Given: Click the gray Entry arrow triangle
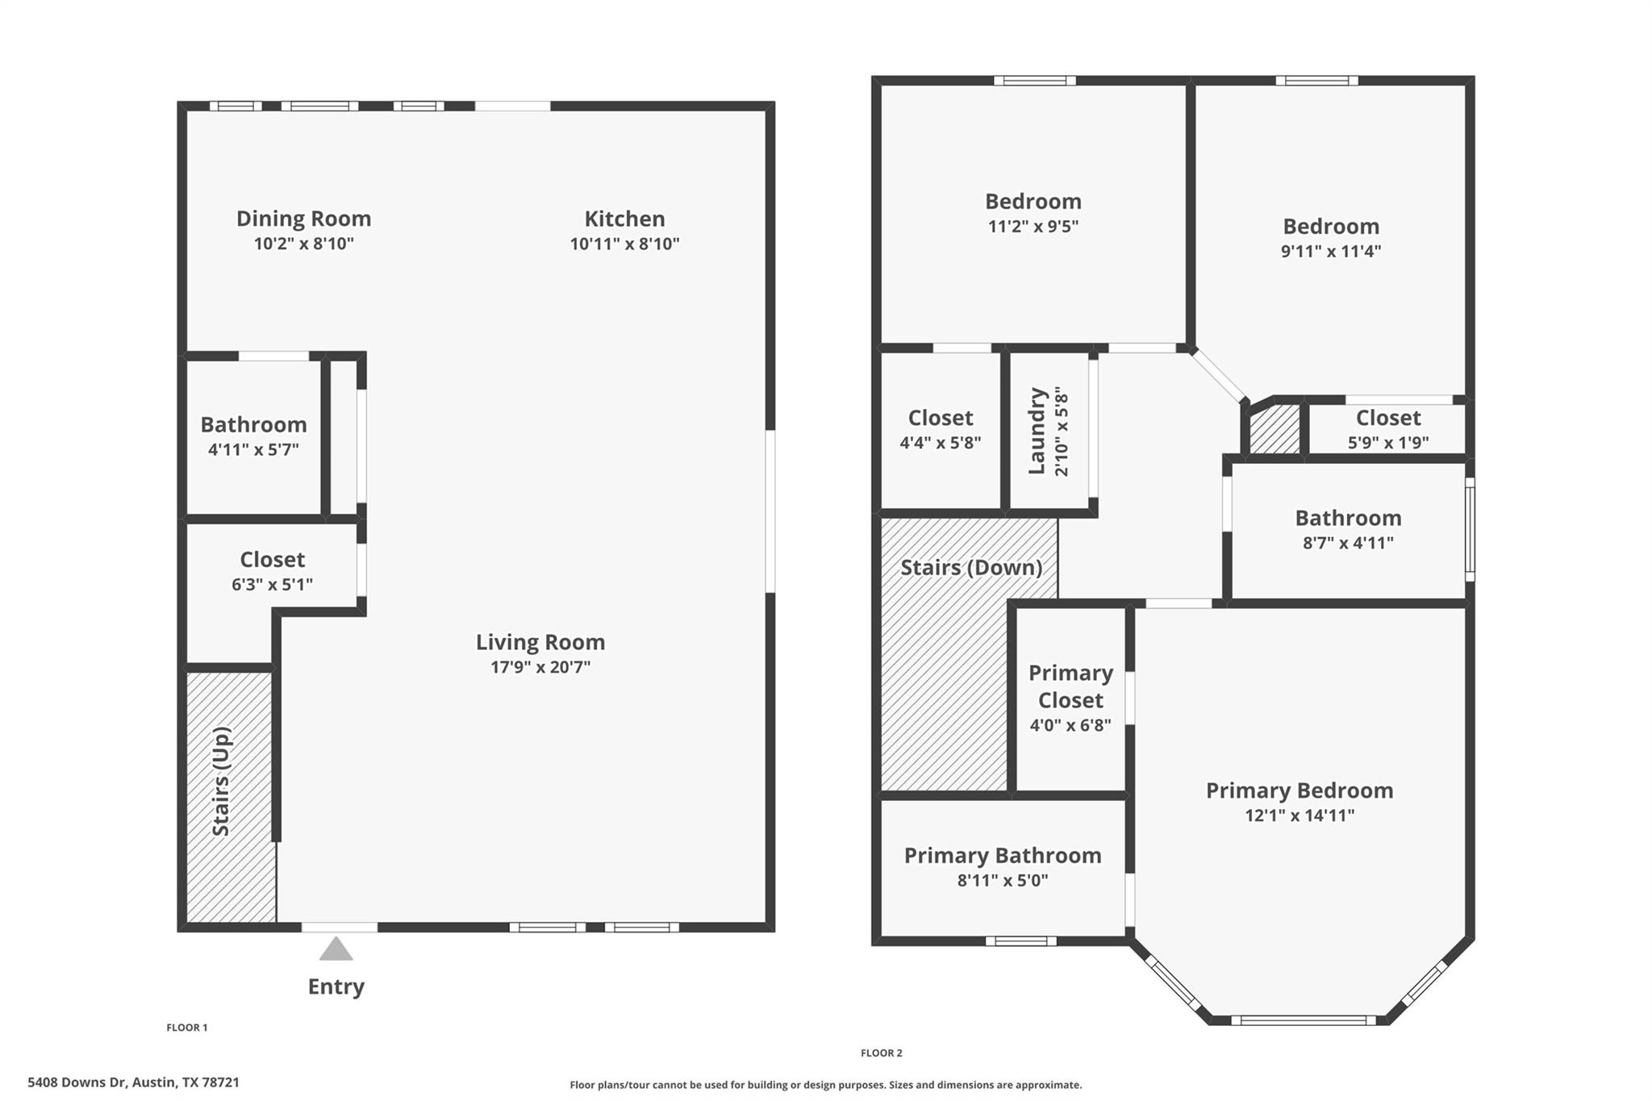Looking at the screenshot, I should (336, 950).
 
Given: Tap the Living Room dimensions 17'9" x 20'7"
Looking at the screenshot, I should (540, 668).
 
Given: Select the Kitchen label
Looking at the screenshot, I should (624, 219).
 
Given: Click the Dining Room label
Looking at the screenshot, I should (303, 219).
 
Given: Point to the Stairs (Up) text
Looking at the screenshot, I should (222, 782).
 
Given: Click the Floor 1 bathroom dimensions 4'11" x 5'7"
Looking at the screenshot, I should (253, 450).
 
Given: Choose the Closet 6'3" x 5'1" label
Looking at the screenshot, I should (272, 560).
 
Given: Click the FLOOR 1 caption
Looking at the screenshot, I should (187, 1028).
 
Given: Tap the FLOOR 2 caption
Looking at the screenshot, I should (881, 1053).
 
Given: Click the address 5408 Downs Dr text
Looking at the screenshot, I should (133, 1082).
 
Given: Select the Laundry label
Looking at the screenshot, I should (1037, 432).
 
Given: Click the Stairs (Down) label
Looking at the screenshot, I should (970, 568).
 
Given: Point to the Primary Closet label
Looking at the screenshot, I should (1070, 686).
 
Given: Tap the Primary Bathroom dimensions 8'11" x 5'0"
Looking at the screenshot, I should (1002, 881).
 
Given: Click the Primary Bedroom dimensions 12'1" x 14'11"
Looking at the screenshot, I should (1299, 815).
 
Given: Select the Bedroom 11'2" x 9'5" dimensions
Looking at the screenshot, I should (1032, 227).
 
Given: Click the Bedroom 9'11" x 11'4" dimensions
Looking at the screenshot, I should (1331, 251).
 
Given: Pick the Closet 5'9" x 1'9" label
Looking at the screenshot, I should (1387, 418).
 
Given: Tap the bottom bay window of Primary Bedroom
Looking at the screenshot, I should (1303, 1020).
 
